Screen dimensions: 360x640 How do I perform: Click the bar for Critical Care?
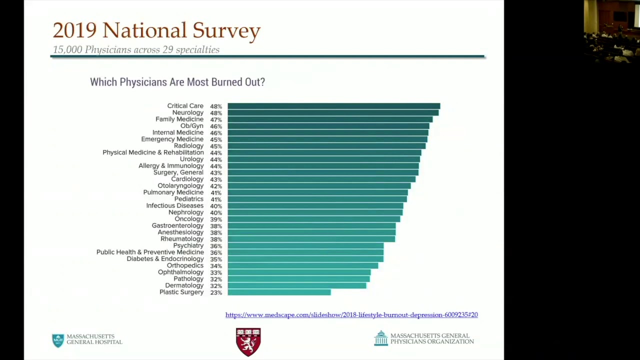click(x=333, y=106)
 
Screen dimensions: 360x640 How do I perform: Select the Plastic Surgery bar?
click(x=279, y=292)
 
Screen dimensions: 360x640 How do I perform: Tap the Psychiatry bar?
click(x=305, y=246)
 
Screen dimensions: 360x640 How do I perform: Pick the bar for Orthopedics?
click(x=302, y=266)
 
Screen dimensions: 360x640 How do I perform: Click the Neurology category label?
click(x=187, y=112)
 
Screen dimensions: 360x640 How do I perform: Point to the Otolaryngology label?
click(x=180, y=186)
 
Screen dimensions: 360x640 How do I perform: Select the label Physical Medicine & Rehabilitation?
click(x=153, y=152)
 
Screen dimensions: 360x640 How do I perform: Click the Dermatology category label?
click(x=184, y=285)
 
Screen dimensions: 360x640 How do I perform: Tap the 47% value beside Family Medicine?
click(x=216, y=119)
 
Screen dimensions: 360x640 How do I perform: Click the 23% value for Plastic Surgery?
click(x=216, y=292)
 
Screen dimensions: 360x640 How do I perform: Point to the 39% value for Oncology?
click(x=216, y=219)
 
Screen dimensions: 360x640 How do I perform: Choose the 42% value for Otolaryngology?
click(x=216, y=186)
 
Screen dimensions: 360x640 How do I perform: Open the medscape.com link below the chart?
click(x=351, y=315)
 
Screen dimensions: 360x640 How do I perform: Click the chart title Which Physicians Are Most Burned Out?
click(x=177, y=82)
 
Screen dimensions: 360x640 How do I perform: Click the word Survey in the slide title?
click(x=226, y=30)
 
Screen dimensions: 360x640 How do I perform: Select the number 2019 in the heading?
click(x=74, y=30)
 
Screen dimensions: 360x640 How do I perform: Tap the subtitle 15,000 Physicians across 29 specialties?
click(x=136, y=50)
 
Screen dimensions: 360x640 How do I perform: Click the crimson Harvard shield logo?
click(x=248, y=341)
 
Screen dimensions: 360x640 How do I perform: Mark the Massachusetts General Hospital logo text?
click(x=94, y=339)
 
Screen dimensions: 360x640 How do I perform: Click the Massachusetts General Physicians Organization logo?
click(x=423, y=339)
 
